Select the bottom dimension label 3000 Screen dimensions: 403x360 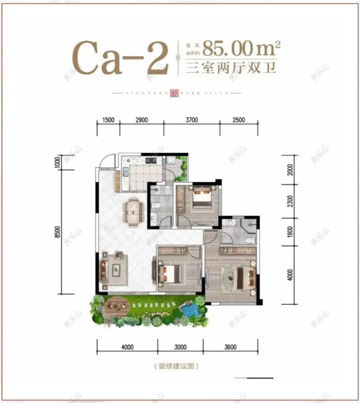[180, 347]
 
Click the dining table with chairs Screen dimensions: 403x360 [133, 212]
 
